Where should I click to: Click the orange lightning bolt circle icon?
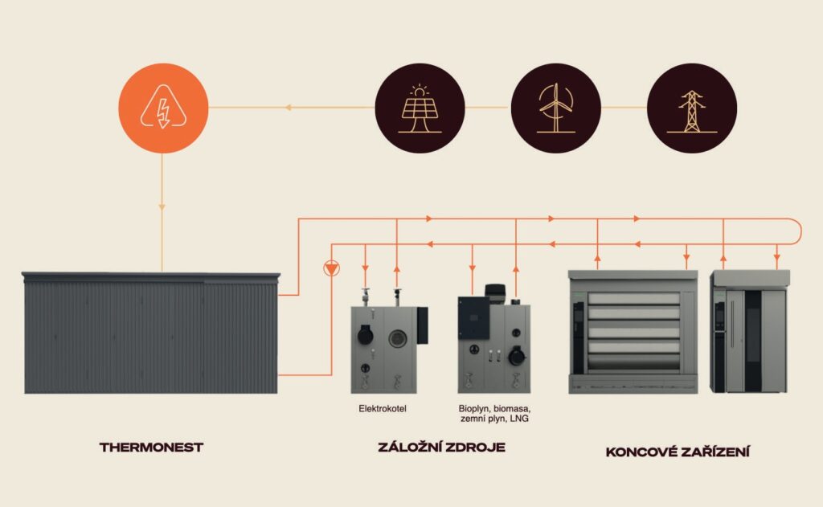point(163,109)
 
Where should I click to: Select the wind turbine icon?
point(555,109)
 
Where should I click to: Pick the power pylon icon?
point(691,109)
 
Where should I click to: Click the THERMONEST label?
point(151,448)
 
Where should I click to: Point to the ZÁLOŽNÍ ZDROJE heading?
point(441,448)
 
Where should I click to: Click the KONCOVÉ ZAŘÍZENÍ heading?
point(678,452)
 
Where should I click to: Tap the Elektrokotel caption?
point(383,409)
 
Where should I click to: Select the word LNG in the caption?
point(520,419)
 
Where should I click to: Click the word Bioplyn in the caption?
point(475,409)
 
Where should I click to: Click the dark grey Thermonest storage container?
point(150,333)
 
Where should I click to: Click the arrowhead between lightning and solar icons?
point(290,108)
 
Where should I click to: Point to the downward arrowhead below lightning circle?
point(162,207)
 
